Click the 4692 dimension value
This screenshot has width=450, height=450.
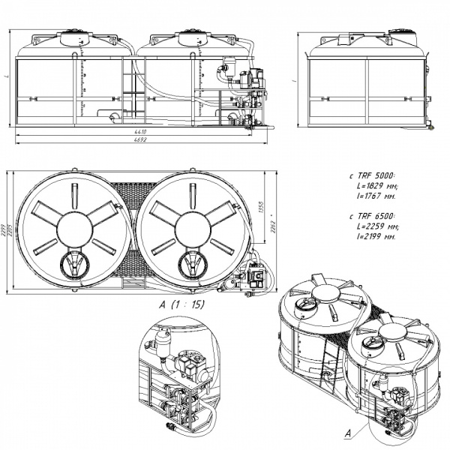[x=139, y=140]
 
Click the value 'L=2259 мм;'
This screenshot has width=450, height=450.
[x=372, y=225]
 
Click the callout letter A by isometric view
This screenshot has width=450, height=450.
[x=347, y=433]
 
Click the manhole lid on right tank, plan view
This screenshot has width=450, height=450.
[x=191, y=264]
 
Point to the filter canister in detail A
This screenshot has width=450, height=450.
[x=162, y=346]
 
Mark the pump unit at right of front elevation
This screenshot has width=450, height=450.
[x=250, y=94]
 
